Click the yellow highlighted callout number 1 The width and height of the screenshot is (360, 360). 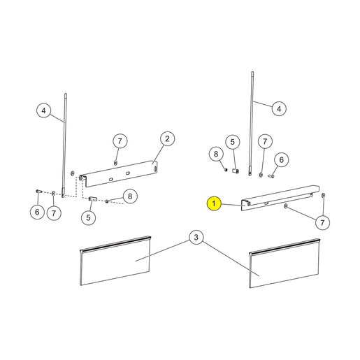click(x=214, y=203)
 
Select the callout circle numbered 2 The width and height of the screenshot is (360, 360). click(x=167, y=138)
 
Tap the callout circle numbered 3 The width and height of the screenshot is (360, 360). click(x=196, y=237)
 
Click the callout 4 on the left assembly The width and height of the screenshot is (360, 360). click(x=44, y=110)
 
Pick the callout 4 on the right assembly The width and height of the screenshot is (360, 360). click(x=279, y=108)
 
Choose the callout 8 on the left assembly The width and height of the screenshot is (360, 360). click(x=130, y=196)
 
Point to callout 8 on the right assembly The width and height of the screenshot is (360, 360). click(x=216, y=154)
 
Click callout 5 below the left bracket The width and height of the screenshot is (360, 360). click(x=88, y=217)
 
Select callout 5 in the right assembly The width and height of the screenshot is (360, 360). click(x=232, y=142)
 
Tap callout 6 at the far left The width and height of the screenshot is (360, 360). click(x=37, y=212)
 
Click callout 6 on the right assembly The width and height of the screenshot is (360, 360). click(x=282, y=160)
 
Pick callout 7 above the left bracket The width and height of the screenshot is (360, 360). click(x=120, y=141)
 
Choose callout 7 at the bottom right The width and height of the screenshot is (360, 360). click(x=322, y=222)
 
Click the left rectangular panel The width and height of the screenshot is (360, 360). click(x=115, y=261)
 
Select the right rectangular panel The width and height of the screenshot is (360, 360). click(x=285, y=264)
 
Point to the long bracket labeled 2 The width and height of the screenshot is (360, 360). click(x=119, y=174)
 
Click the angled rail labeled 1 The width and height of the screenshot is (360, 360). click(x=280, y=198)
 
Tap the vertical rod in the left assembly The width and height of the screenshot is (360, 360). click(x=64, y=145)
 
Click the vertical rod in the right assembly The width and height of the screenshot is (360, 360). click(x=251, y=124)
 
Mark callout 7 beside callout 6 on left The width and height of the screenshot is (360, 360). click(x=54, y=213)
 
